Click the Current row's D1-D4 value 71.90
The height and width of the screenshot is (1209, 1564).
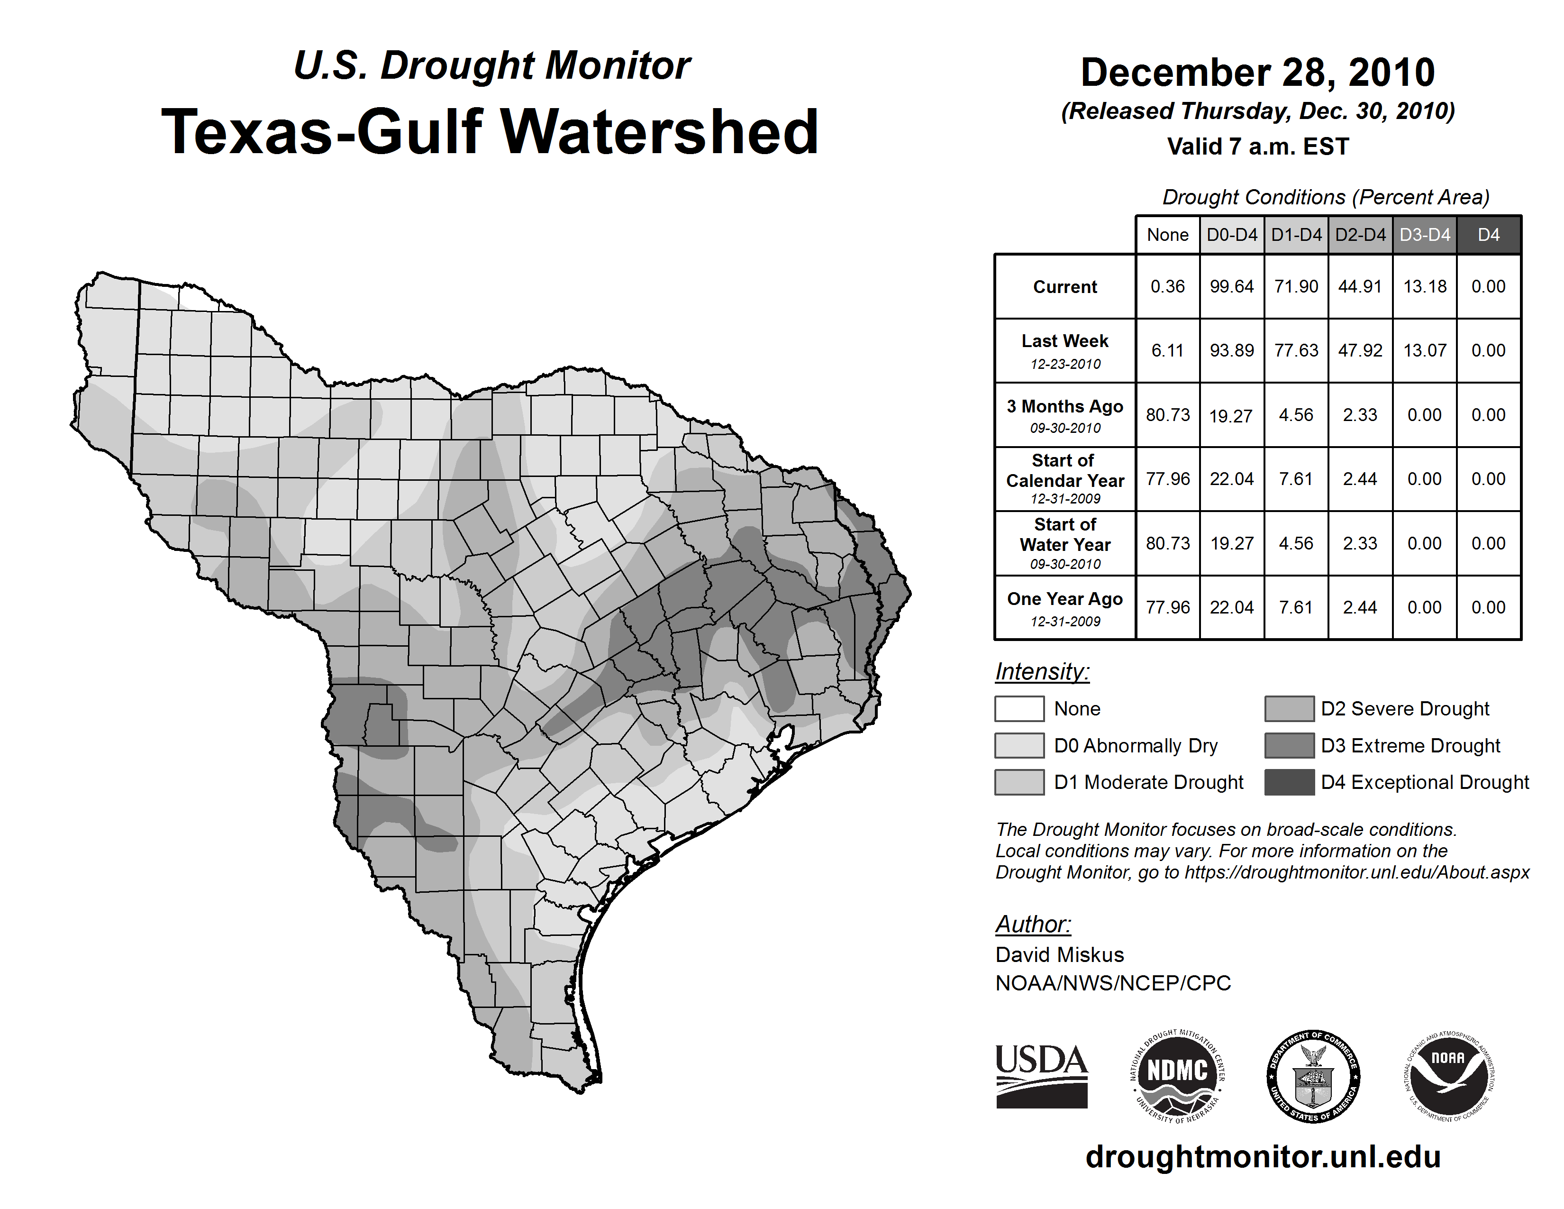pos(1295,286)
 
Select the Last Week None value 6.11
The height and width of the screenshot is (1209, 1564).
pos(1167,350)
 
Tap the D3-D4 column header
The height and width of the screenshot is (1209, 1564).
pos(1424,235)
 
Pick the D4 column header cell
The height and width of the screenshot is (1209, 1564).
pos(1488,235)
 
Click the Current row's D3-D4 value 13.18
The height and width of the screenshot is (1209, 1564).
pos(1424,286)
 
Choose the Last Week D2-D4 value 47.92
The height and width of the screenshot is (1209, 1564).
pos(1360,350)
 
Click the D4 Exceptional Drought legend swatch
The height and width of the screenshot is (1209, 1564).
pos(1289,782)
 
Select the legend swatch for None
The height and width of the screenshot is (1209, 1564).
pos(1019,708)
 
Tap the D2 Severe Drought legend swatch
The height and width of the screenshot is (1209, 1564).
pos(1289,708)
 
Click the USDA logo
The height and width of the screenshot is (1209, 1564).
pos(1041,1076)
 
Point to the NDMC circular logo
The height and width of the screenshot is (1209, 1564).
pos(1177,1076)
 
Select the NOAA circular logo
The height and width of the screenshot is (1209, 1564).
pos(1448,1076)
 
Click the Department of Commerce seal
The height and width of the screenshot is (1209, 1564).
pos(1313,1076)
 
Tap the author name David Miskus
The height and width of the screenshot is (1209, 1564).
pos(1059,955)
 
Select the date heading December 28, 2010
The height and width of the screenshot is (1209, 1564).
pos(1257,73)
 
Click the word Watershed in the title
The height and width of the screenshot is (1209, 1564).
pos(659,132)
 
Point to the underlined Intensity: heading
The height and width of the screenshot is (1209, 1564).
pos(1042,672)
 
